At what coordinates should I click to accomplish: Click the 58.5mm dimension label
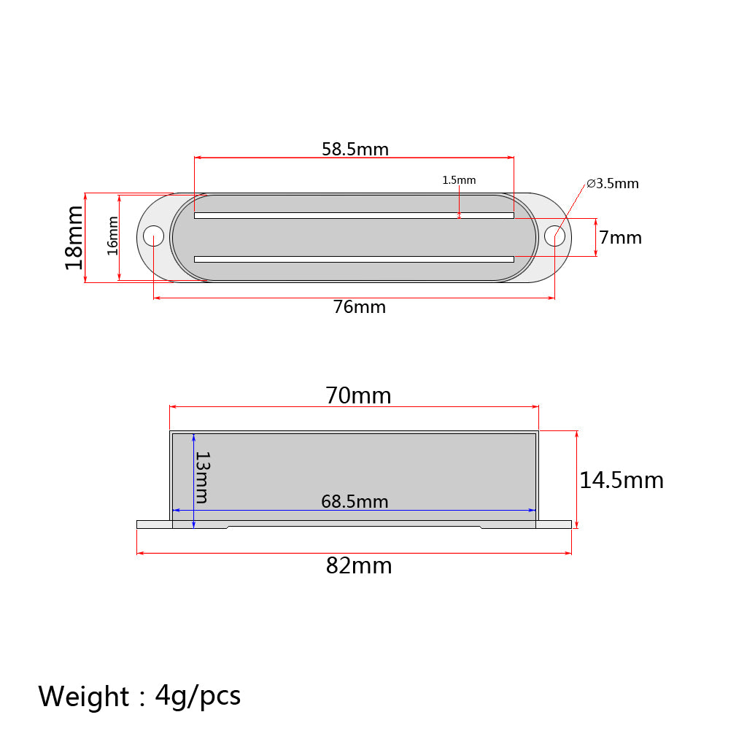point(355,150)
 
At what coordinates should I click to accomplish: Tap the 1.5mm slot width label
point(459,180)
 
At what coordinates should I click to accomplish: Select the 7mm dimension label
point(620,238)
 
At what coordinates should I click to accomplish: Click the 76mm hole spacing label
point(359,307)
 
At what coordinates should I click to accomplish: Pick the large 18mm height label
point(74,238)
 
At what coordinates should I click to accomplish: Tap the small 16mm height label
point(112,236)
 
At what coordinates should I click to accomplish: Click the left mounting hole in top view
point(153,236)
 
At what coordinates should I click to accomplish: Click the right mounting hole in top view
point(554,236)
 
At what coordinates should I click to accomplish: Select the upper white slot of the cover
point(354,215)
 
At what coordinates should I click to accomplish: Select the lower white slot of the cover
point(354,259)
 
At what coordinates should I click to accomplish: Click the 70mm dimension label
point(358,396)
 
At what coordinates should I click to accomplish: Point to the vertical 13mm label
point(202,477)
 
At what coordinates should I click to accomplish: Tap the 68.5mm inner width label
point(355,502)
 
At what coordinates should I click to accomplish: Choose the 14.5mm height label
point(622,480)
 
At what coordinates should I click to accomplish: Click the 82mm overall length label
point(359,566)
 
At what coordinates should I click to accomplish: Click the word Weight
point(83,697)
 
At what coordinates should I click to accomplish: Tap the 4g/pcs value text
point(198,697)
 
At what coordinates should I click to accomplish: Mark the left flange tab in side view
point(154,524)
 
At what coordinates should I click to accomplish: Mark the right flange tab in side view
point(554,524)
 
